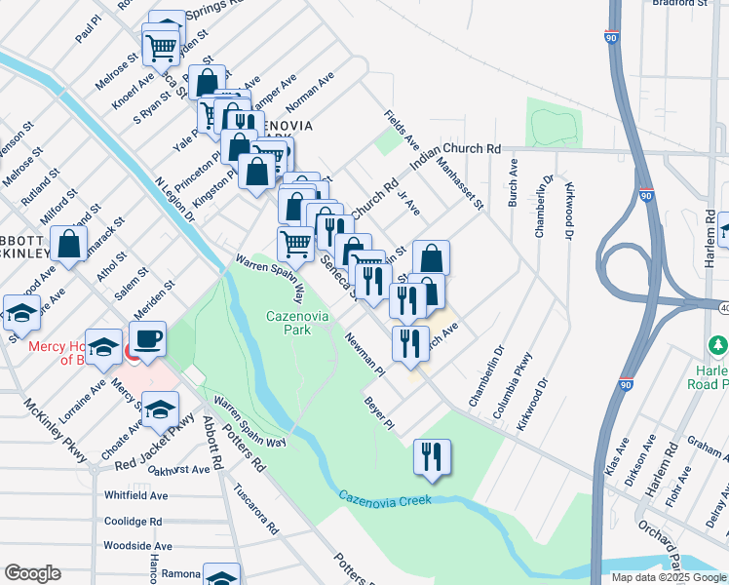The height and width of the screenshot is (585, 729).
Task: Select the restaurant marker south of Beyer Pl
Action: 430,457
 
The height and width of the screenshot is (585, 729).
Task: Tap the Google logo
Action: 32,573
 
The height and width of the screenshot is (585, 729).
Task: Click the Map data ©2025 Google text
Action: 668,577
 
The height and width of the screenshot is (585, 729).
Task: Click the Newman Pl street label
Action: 365,355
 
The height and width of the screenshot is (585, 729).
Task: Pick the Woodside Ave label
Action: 137,546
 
